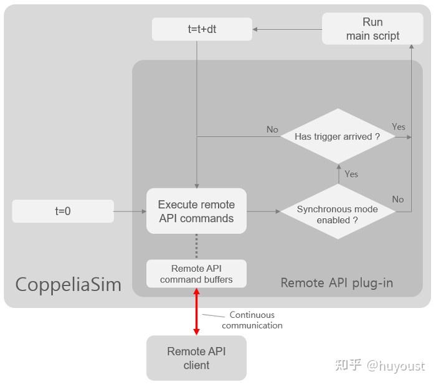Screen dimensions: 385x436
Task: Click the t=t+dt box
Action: coord(202,29)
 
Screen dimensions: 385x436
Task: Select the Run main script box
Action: coord(372,29)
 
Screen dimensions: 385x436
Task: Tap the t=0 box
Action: coord(63,211)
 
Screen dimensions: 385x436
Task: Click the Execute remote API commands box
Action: coord(196,211)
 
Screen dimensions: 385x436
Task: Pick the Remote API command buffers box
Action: coord(196,274)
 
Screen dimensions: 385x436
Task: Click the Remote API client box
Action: coord(196,358)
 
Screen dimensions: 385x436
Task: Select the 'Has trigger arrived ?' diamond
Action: coord(337,136)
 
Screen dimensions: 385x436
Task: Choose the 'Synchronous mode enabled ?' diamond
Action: coord(337,214)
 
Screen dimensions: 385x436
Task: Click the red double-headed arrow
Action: coord(197,312)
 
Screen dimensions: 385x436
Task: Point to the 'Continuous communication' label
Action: coord(252,320)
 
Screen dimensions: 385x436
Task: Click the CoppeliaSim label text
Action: coord(69,285)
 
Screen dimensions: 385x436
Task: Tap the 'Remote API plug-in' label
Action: coord(336,283)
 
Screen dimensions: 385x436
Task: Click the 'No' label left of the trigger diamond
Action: coord(272,129)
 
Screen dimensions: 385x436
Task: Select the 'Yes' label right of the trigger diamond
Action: coord(399,127)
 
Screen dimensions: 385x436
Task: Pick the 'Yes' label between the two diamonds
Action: coord(351,174)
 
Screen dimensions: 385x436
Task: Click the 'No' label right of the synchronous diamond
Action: coord(398,200)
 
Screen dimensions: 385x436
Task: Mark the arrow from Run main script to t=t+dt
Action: coord(287,29)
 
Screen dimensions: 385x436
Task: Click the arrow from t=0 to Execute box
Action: coord(130,211)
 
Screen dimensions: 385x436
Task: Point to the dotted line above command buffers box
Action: coord(197,246)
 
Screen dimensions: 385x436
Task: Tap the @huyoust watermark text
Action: coord(396,366)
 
